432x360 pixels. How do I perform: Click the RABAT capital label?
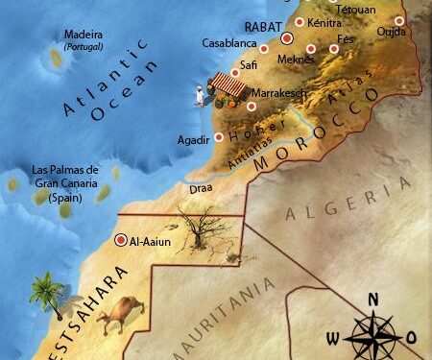261,27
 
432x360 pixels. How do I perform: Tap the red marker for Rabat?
286,38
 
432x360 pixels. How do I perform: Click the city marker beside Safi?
235,72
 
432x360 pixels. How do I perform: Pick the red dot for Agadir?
219,137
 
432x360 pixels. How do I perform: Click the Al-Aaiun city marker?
120,241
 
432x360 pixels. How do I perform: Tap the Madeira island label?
83,36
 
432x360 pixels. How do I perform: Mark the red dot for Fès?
334,48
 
